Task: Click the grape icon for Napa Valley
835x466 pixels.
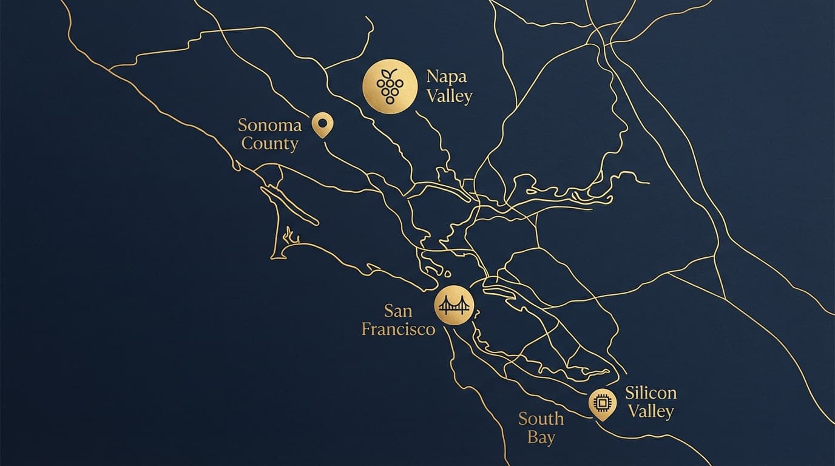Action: [x=390, y=86]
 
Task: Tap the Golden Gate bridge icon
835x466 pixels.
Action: [x=454, y=305]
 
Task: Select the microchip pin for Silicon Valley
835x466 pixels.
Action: [x=602, y=402]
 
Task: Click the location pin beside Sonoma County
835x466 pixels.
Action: [x=322, y=124]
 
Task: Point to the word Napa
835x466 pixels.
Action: [x=447, y=77]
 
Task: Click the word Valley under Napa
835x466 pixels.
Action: [x=449, y=96]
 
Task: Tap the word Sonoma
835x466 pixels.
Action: [x=269, y=126]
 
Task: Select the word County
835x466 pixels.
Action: [x=270, y=144]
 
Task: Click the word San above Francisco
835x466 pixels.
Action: [x=398, y=311]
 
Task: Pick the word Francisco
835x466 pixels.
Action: [x=398, y=329]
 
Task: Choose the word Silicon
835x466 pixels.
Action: [x=651, y=393]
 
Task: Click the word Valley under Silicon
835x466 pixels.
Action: [x=651, y=411]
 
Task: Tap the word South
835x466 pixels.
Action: [x=541, y=419]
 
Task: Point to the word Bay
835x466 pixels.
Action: [x=541, y=437]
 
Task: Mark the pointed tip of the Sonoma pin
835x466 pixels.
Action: [x=322, y=137]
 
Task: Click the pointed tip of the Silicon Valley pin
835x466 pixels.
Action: [x=602, y=420]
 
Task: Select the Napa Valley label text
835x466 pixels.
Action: [x=449, y=86]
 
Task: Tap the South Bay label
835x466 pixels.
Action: [x=541, y=428]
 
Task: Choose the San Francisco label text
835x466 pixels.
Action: [x=398, y=320]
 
